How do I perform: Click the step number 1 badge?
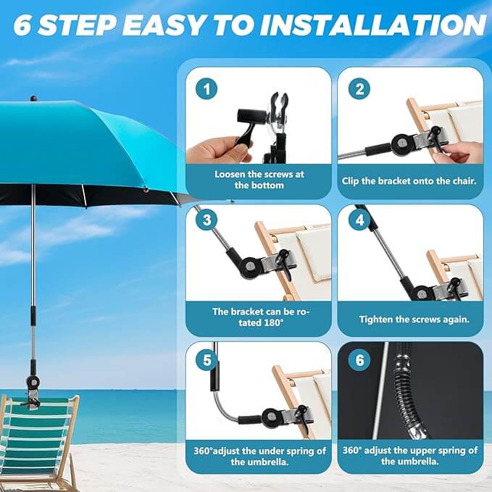click(x=207, y=89)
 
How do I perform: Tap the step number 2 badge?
click(x=359, y=89)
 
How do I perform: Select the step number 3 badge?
click(x=207, y=220)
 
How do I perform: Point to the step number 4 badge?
click(x=359, y=220)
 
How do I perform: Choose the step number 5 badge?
click(x=207, y=360)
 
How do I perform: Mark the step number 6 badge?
click(x=359, y=360)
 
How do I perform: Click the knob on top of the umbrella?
click(x=34, y=99)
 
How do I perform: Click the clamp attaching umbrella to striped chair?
click(x=33, y=393)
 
